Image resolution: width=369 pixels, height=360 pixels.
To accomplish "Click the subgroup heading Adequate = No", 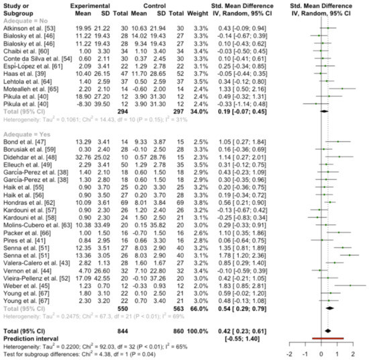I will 25,18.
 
